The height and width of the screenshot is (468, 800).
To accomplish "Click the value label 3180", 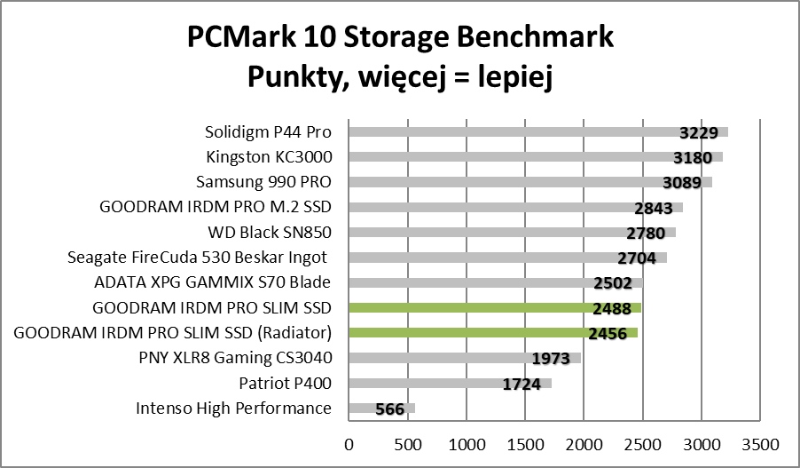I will pos(694,158).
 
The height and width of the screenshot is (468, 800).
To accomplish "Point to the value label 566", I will pos(389,409).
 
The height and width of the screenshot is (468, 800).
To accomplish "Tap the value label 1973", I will pos(553,359).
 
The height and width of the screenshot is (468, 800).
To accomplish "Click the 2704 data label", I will pos(637,258).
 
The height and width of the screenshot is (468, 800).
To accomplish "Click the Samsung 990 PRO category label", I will pos(263,183).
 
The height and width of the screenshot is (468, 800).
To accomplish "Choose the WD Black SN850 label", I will pos(270,234).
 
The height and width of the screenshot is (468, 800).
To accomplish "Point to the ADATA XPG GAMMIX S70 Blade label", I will pos(212,283).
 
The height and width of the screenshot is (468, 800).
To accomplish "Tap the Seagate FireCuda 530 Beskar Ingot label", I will pos(199,258).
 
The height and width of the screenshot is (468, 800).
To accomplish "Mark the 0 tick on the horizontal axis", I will pos(349,442).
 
